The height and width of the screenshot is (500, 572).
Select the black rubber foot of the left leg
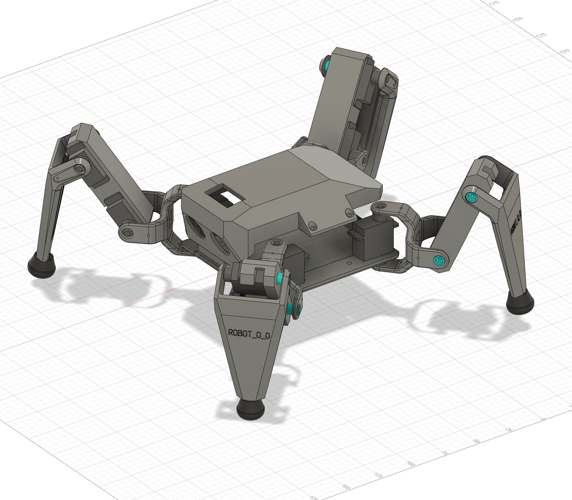(42, 264)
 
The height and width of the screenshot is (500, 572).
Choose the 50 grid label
(477, 441)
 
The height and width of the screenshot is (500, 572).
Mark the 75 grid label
(444, 453)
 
